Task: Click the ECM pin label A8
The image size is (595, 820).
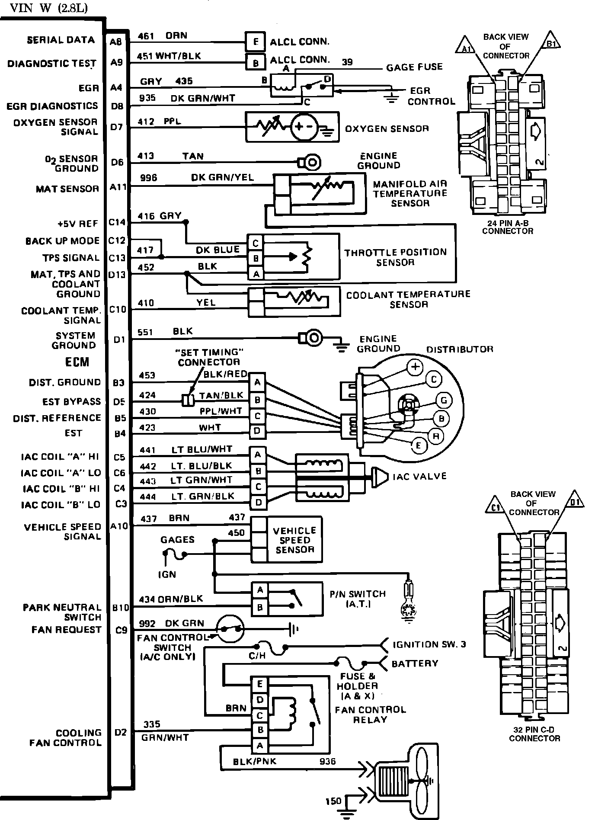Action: (x=116, y=42)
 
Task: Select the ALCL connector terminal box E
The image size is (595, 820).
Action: (x=256, y=42)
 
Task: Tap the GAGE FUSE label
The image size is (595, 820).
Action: (x=414, y=67)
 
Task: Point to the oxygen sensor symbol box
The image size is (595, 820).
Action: (x=292, y=127)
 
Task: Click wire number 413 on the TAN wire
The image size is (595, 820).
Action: (x=146, y=156)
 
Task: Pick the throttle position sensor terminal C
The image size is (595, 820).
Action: (x=256, y=243)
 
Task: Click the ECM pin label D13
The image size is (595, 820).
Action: (x=117, y=274)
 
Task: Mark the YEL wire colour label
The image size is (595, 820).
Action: (x=206, y=303)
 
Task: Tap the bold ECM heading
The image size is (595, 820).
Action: (x=77, y=362)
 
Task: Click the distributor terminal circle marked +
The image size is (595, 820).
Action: (x=415, y=367)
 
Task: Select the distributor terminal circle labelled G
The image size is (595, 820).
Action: (x=443, y=400)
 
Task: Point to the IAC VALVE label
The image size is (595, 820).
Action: (x=419, y=476)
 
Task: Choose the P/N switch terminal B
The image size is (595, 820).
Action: (x=260, y=607)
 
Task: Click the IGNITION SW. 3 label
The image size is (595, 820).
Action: (x=429, y=644)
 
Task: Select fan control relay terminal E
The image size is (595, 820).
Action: (x=260, y=684)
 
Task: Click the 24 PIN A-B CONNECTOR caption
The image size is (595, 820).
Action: (x=508, y=227)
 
